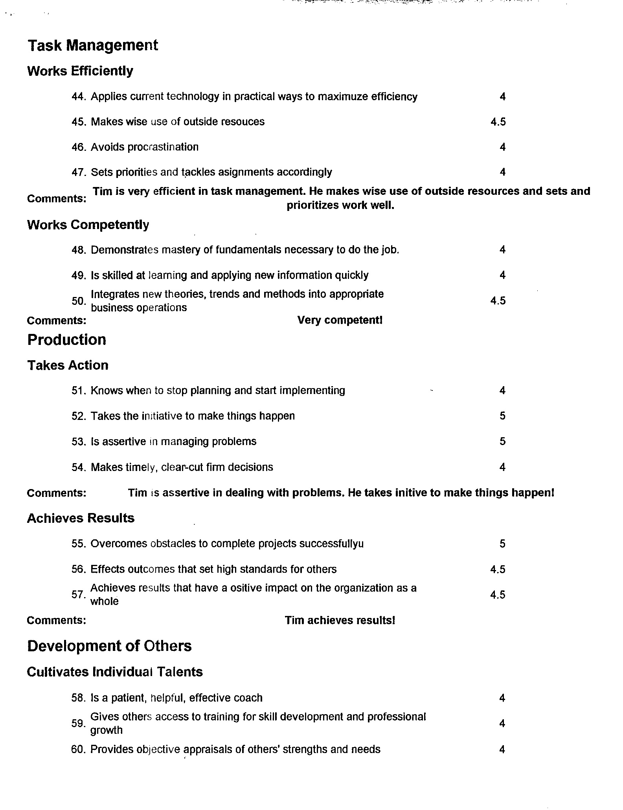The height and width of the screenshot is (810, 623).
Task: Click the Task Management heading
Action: pos(93,46)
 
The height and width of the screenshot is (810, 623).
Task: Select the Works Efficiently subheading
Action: pos(80,71)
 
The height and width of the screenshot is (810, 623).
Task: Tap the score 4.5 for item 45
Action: pos(498,122)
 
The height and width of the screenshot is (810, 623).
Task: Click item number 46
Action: pos(79,147)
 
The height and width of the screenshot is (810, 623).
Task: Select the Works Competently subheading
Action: pos(88,225)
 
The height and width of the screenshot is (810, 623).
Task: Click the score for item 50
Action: pos(498,301)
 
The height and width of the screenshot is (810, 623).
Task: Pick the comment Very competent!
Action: pos(340,320)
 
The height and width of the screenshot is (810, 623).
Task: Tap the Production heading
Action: pos(67,340)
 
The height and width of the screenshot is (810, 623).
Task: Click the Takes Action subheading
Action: pos(68,365)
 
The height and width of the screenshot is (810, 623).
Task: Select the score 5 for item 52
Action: pos(502,416)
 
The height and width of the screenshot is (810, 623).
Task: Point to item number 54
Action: pos(79,467)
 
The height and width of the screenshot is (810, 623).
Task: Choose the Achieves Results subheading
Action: pos(81,518)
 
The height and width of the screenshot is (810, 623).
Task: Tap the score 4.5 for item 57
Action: pos(498,595)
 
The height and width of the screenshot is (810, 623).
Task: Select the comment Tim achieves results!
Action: pos(340,620)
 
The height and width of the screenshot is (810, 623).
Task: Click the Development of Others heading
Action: pos(109,646)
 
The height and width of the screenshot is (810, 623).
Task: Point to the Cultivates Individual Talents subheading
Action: pos(115,672)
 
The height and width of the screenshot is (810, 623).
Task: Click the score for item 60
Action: pos(502,750)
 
